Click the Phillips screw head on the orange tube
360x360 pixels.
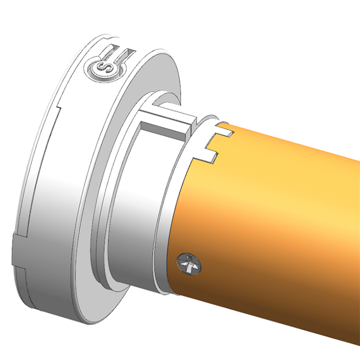190,263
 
